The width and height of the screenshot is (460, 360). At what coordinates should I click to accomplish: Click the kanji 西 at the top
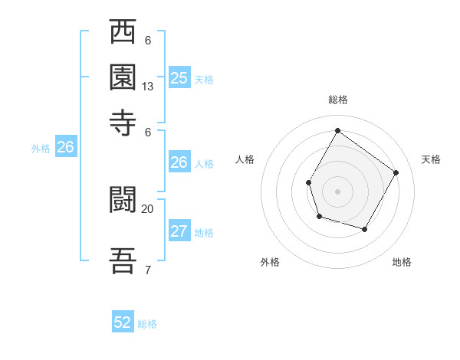pyautogui.click(x=123, y=33)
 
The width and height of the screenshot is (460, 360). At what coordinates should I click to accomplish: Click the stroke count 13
pyautogui.click(x=148, y=87)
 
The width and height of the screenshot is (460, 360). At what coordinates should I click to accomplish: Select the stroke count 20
pyautogui.click(x=148, y=208)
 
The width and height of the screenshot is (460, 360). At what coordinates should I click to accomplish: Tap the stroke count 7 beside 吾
pyautogui.click(x=148, y=269)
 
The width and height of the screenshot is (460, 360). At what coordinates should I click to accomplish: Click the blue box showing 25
pyautogui.click(x=179, y=77)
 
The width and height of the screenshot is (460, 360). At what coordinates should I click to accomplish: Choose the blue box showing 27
pyautogui.click(x=179, y=231)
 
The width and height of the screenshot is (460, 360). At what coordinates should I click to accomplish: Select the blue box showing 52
pyautogui.click(x=123, y=322)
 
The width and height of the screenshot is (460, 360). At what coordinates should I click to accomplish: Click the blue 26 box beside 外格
pyautogui.click(x=65, y=148)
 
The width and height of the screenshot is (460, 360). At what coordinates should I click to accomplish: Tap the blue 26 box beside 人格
pyautogui.click(x=179, y=162)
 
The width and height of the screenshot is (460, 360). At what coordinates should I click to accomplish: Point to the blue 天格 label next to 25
pyautogui.click(x=204, y=79)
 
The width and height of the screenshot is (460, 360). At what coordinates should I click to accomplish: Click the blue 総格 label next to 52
pyautogui.click(x=147, y=324)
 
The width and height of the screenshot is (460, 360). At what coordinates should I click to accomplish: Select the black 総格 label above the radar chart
pyautogui.click(x=337, y=100)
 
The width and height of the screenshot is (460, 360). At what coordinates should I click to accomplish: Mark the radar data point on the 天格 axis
pyautogui.click(x=396, y=172)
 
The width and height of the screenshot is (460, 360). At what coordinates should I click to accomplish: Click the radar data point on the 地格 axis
pyautogui.click(x=365, y=229)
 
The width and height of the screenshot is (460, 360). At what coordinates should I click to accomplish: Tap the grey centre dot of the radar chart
pyautogui.click(x=337, y=191)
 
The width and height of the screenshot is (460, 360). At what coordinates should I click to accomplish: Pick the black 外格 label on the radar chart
pyautogui.click(x=270, y=263)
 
